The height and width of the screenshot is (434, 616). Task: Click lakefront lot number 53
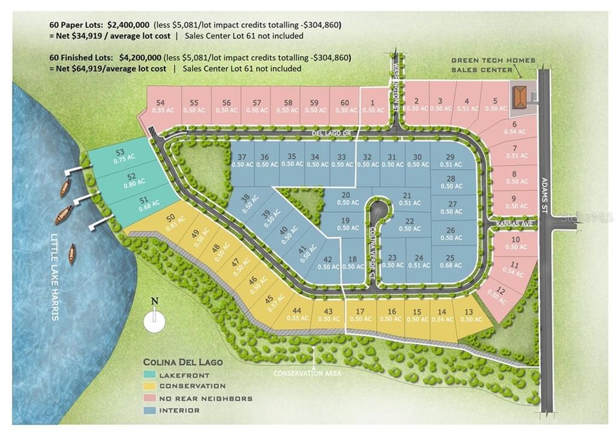pyautogui.click(x=119, y=156)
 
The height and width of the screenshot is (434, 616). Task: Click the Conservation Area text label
pyautogui.click(x=307, y=373)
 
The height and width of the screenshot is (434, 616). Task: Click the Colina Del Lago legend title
pyautogui.click(x=182, y=362)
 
